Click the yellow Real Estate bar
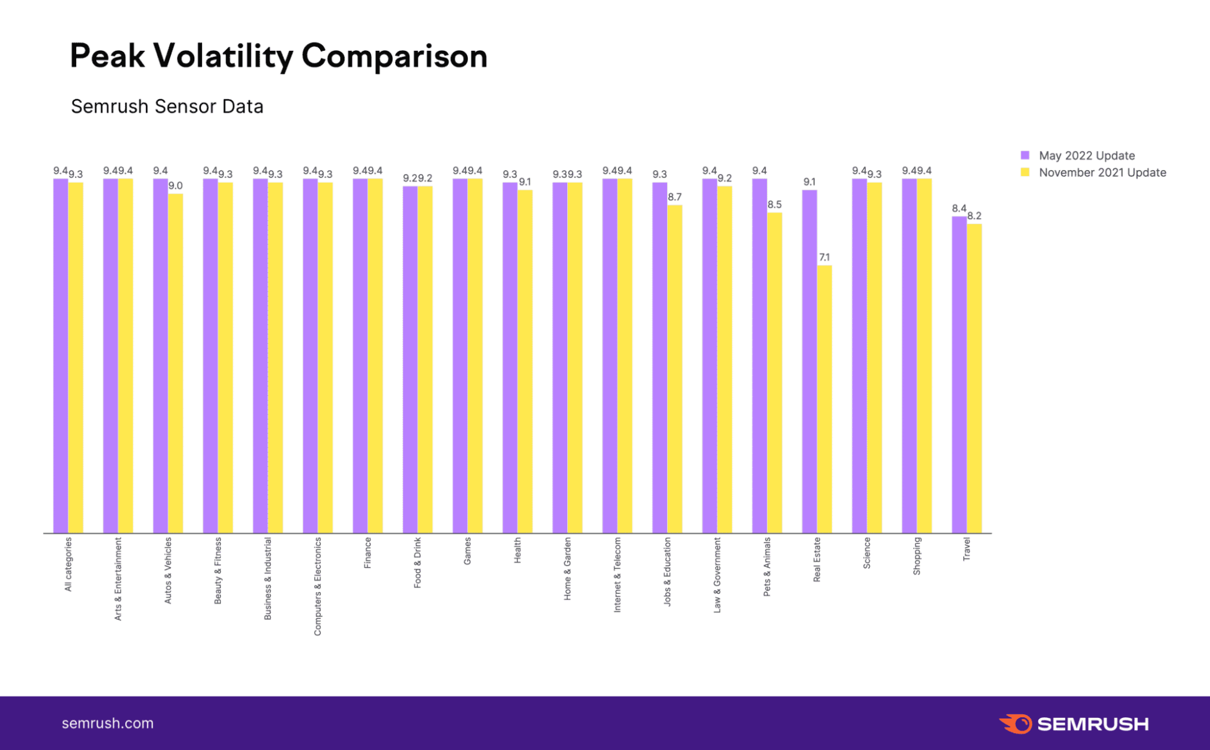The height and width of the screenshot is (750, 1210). [824, 400]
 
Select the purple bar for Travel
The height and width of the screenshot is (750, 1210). [959, 375]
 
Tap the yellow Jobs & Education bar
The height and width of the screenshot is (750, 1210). [675, 369]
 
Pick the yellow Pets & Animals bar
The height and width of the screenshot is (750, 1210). [774, 372]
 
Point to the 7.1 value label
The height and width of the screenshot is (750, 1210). [824, 257]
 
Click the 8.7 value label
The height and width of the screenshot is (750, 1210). [675, 197]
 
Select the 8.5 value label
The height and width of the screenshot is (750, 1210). [775, 205]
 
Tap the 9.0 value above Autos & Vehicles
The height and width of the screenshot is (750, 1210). [176, 186]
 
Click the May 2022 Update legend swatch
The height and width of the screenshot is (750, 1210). [1025, 156]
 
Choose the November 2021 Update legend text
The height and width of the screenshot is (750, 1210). [1102, 173]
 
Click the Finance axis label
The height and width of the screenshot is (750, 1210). [367, 553]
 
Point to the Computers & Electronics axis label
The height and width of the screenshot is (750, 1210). [318, 586]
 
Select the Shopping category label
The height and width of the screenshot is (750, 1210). [916, 556]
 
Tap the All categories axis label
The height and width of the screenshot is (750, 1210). [68, 564]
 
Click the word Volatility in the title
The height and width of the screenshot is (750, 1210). [223, 56]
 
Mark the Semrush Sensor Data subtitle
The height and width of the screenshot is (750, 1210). [167, 107]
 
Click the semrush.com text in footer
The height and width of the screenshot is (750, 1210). [108, 723]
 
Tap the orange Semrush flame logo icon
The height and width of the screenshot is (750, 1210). [1016, 724]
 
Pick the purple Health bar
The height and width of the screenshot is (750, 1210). [510, 357]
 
